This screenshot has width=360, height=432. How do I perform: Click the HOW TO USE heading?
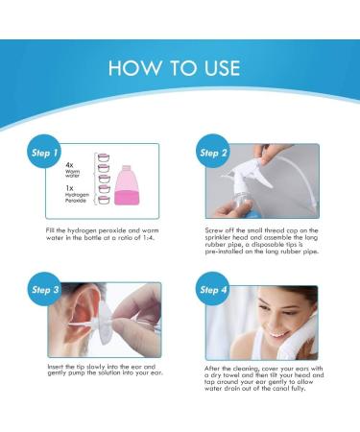(180, 68)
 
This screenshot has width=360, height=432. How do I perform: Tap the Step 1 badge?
(41, 153)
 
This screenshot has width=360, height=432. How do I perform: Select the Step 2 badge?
(213, 153)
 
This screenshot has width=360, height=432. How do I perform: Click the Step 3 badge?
(41, 289)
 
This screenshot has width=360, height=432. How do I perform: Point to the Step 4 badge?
(213, 289)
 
